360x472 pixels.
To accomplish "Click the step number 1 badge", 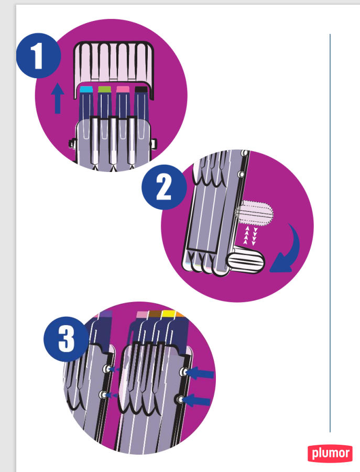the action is [38, 56].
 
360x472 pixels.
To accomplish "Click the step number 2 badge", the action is [164, 187].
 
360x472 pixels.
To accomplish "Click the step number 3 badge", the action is [66, 339].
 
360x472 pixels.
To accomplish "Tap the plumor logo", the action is [330, 453].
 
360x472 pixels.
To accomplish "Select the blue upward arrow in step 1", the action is [58, 99].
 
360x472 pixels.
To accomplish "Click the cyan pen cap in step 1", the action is [86, 89].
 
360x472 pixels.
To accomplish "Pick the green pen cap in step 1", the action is [105, 89].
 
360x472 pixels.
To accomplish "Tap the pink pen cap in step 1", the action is [123, 89].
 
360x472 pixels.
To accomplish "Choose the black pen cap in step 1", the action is [141, 89].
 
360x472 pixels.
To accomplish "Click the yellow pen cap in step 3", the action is [168, 314].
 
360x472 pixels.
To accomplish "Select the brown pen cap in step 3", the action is [155, 314].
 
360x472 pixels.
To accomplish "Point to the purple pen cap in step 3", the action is [106, 314].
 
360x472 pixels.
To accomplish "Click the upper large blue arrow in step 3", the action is [200, 373].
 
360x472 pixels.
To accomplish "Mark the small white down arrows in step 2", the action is [255, 237].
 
